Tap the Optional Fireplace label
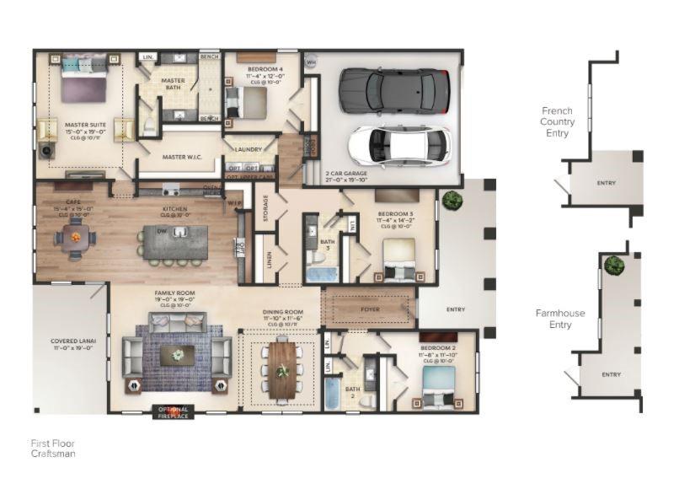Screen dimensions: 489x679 click(174, 411)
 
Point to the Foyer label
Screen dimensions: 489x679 click(371, 309)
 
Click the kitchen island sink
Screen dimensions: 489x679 click(180, 232)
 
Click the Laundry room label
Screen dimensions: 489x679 click(249, 149)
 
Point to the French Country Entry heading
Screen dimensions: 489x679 click(558, 121)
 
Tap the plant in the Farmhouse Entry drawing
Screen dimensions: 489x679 click(612, 263)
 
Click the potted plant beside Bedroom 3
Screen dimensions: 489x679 click(452, 200)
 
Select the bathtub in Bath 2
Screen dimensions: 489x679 click(333, 394)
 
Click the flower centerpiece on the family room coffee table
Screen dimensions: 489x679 click(178, 355)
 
